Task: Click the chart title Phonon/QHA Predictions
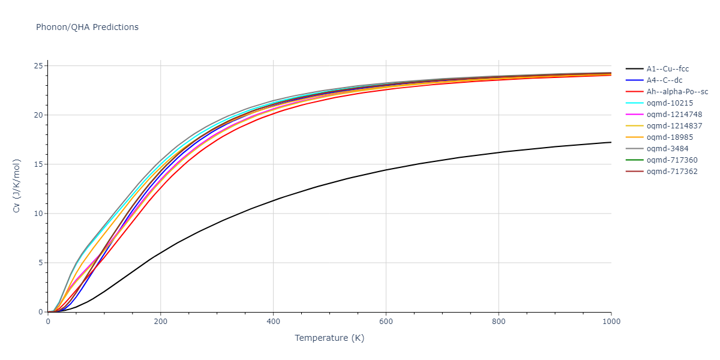click(87, 27)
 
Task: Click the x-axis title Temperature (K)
click(329, 338)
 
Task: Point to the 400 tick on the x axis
click(273, 322)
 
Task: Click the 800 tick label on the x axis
click(499, 322)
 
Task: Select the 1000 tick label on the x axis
click(611, 322)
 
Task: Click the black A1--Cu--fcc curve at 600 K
click(386, 170)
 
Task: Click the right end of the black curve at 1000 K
click(611, 142)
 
